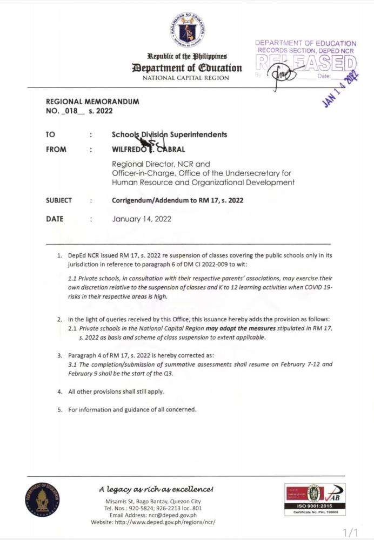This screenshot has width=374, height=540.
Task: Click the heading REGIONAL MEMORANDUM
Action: tap(92, 102)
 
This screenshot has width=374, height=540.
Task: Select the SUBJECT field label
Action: tap(59, 200)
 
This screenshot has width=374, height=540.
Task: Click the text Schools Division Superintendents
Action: tap(169, 134)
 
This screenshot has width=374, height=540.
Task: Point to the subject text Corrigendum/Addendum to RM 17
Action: tap(177, 200)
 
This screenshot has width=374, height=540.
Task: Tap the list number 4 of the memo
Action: tap(60, 391)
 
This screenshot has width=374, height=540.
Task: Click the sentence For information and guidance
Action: tap(132, 409)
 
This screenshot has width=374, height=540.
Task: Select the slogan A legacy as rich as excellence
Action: tap(156, 489)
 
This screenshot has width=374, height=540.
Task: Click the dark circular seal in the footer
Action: tap(42, 500)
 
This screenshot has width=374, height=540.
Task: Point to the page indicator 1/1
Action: tap(351, 532)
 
